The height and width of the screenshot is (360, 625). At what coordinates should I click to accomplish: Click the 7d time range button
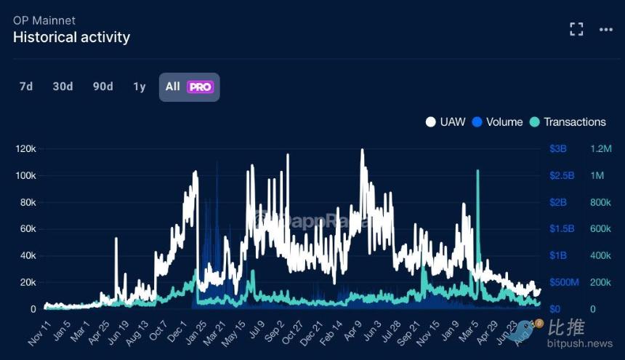tap(26, 87)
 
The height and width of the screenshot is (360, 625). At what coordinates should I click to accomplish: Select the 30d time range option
tap(62, 87)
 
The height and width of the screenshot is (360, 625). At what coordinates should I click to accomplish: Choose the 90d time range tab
tap(102, 87)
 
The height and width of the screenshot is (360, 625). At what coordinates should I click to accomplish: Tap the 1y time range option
tap(140, 87)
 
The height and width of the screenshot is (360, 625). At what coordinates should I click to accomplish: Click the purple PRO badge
tap(200, 87)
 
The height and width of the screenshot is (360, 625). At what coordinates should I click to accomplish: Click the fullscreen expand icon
tap(576, 29)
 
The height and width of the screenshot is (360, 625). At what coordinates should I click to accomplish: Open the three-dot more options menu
tap(606, 29)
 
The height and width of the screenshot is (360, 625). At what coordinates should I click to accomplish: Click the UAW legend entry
tap(445, 121)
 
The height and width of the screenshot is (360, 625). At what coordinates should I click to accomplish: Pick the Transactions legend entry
tap(568, 121)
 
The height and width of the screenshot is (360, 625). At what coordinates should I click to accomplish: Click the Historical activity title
tap(71, 37)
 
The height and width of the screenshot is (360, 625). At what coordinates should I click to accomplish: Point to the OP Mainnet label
tap(44, 20)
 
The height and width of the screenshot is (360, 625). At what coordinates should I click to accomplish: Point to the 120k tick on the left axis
tap(26, 149)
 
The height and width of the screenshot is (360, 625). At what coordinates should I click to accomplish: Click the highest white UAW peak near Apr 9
tap(362, 151)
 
